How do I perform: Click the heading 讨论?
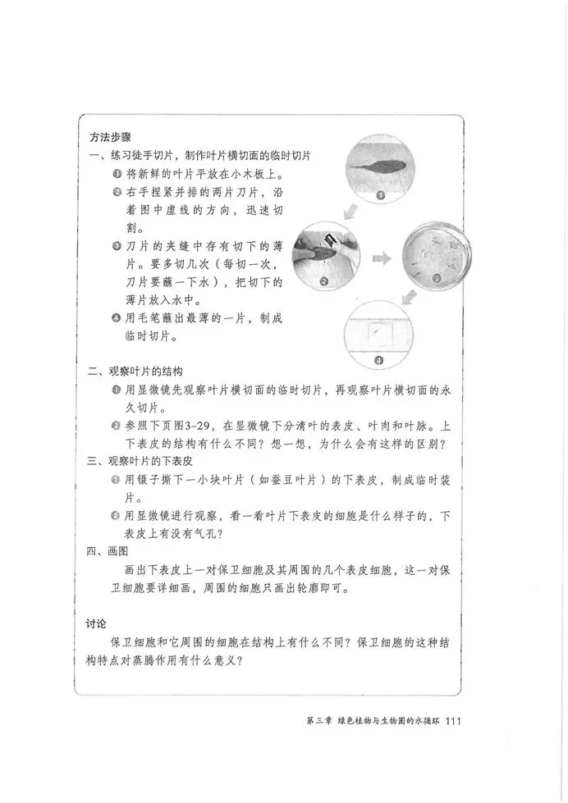[x=97, y=623]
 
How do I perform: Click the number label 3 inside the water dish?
[x=437, y=278]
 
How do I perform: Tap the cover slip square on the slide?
[x=378, y=329]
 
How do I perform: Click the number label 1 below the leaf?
[x=380, y=194]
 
